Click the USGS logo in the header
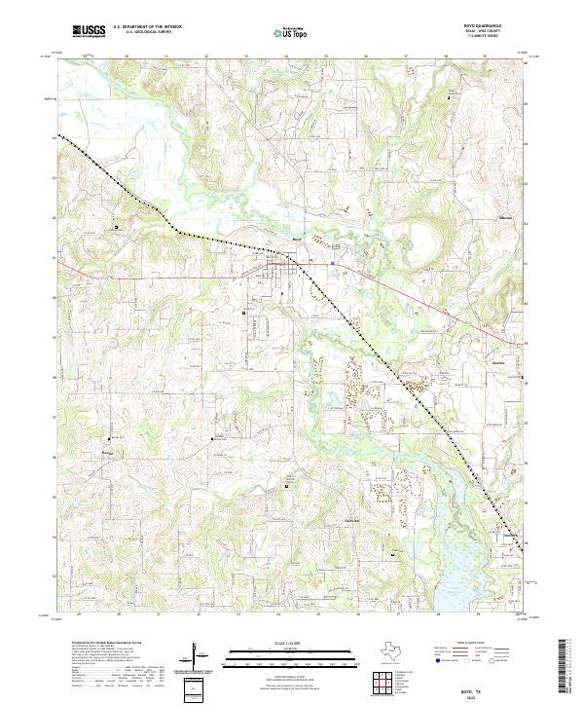89,32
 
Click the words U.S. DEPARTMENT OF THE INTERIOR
147,28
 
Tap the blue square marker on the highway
332,262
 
